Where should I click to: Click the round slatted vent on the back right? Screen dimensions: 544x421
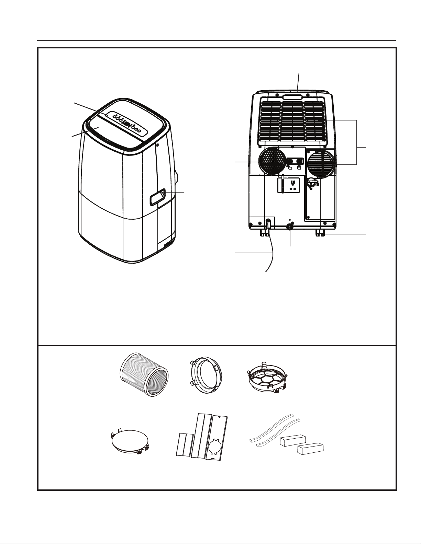(x=321, y=164)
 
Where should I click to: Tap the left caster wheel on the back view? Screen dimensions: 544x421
(x=263, y=233)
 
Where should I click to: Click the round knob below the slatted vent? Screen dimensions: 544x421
(x=312, y=182)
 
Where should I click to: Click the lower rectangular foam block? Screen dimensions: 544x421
(x=310, y=449)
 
